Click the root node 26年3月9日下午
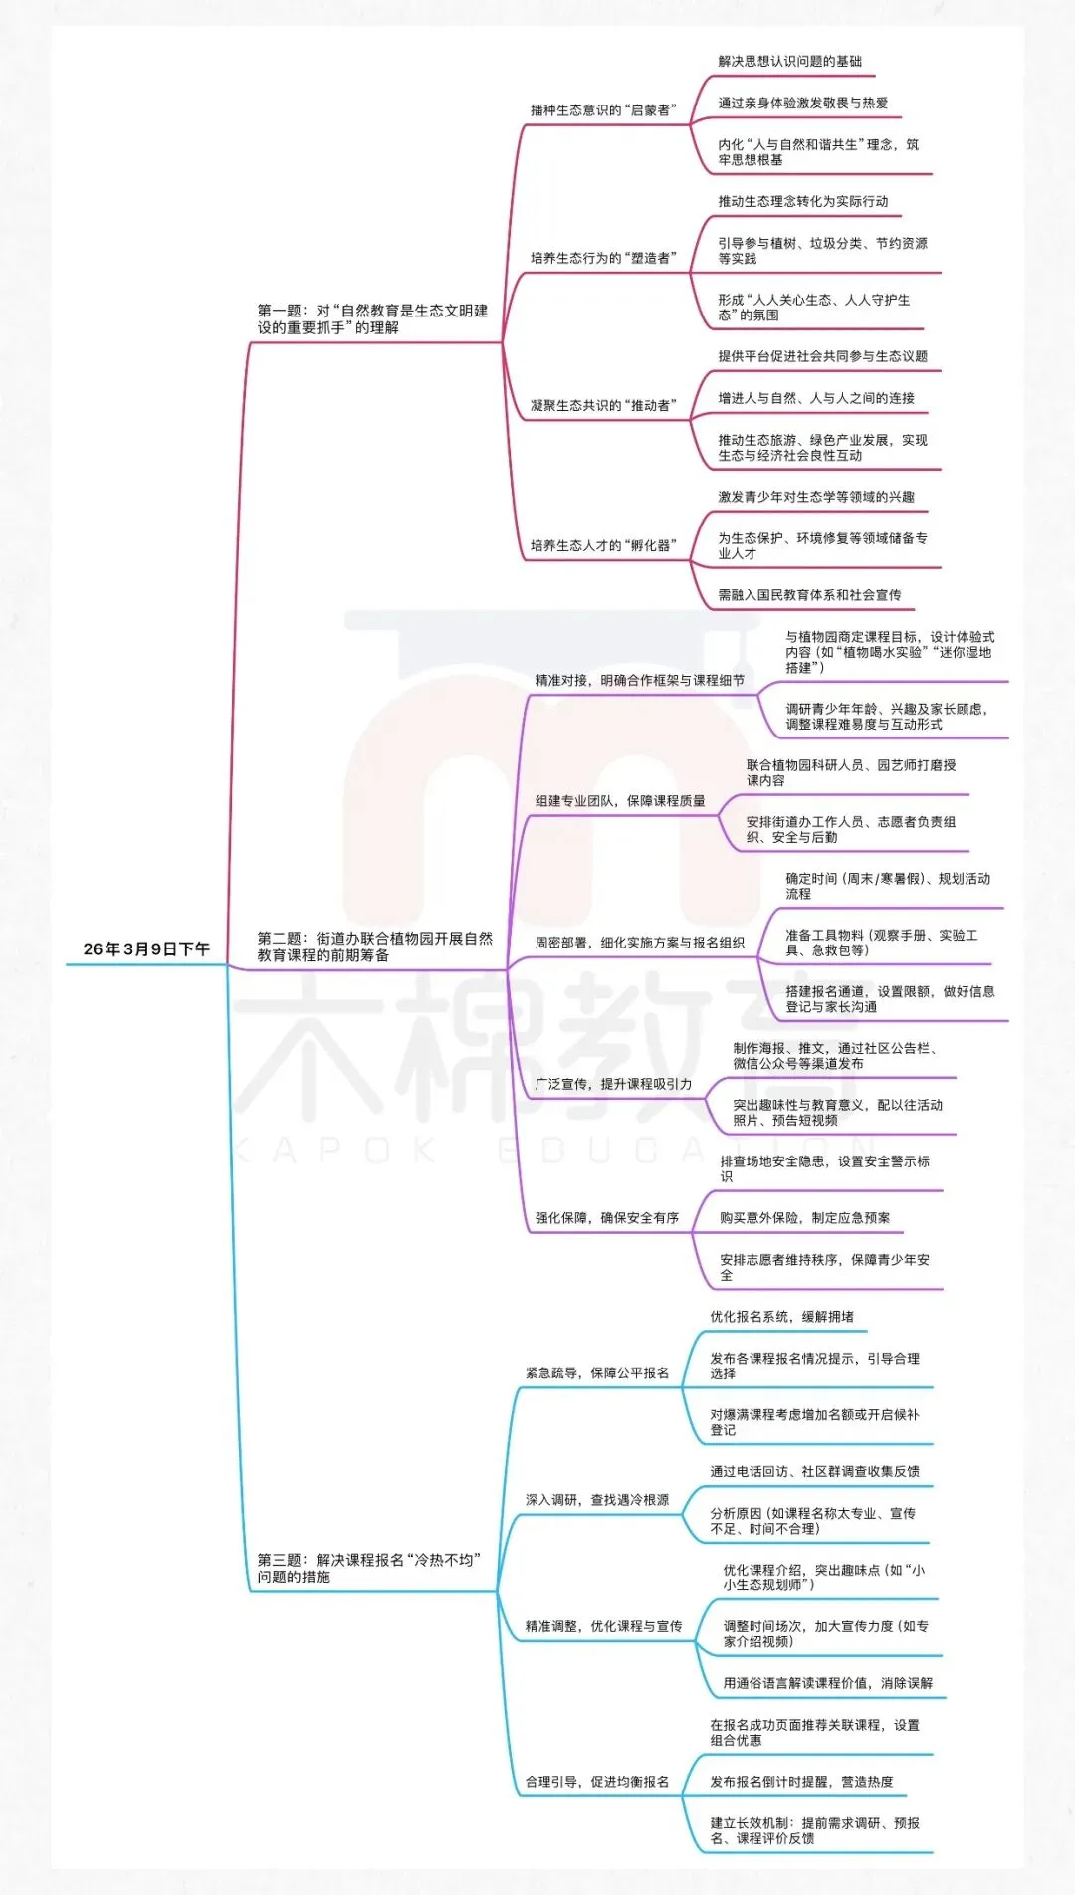pos(146,949)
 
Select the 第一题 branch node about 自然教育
pos(372,319)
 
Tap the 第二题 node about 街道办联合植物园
pos(374,947)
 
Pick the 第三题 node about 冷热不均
pos(368,1568)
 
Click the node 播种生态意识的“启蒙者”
pos(603,110)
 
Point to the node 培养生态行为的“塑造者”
pos(603,258)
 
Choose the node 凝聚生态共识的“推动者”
pos(603,405)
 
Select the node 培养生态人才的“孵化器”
pos(603,545)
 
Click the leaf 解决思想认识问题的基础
pos(789,62)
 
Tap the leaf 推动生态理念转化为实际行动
pos(802,201)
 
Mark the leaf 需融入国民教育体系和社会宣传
pos(809,595)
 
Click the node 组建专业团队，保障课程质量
pos(620,800)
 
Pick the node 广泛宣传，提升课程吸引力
pos(613,1084)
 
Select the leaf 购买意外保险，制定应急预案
pos(804,1218)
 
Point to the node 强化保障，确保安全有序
pos(607,1218)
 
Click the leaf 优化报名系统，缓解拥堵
pos(781,1317)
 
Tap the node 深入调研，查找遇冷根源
pos(597,1500)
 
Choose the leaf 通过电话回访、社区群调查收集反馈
pos(814,1472)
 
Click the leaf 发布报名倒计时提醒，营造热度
pos(801,1782)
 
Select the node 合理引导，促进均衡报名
pos(597,1782)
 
